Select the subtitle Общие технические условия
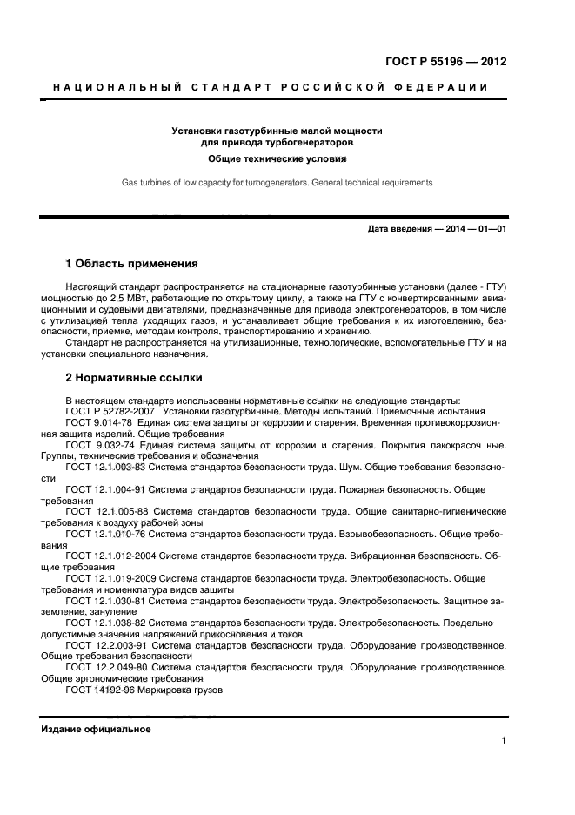(277, 159)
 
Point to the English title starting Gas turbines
(276, 183)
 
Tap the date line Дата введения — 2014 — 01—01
(437, 228)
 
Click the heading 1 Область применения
(132, 263)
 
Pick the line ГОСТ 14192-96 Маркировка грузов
(144, 690)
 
